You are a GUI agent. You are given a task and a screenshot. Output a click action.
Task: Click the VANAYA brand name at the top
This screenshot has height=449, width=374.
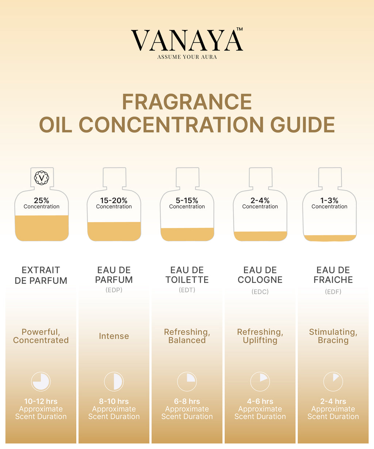[187, 40]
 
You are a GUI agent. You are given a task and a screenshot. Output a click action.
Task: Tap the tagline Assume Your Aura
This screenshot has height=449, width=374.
[187, 57]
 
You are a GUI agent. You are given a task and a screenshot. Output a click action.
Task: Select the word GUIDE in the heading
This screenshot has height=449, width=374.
[302, 125]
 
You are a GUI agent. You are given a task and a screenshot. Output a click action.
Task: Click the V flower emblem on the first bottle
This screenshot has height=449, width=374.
[42, 178]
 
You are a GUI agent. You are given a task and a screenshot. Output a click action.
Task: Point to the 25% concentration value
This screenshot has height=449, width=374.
[42, 201]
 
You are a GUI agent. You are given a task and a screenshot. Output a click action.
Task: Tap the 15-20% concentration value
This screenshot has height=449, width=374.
[114, 201]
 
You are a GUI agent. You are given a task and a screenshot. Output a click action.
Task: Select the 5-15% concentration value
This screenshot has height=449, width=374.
[187, 201]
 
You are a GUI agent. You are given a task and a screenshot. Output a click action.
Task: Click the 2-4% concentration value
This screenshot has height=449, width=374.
[260, 201]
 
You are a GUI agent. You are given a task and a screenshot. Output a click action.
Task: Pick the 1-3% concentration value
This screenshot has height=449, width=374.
[329, 201]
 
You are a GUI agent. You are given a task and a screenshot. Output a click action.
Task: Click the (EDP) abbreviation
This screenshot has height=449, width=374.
[114, 290]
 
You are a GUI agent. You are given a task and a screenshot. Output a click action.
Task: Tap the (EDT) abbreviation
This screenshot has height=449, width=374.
[187, 290]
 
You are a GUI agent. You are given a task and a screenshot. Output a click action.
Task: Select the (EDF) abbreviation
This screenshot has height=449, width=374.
[333, 292]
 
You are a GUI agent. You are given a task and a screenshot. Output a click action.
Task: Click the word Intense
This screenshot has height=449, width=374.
[114, 336]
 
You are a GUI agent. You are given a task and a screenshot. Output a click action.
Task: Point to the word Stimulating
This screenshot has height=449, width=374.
[333, 332]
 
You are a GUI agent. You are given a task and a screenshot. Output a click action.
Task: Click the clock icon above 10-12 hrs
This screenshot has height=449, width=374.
[41, 381]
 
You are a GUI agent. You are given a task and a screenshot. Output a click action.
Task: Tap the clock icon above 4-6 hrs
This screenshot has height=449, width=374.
[260, 381]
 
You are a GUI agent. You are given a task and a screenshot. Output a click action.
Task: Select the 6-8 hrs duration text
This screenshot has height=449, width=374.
[187, 401]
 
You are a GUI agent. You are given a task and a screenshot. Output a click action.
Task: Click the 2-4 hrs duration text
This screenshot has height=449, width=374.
[333, 401]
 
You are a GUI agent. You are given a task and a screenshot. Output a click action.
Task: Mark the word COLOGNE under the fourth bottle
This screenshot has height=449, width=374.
[260, 280]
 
